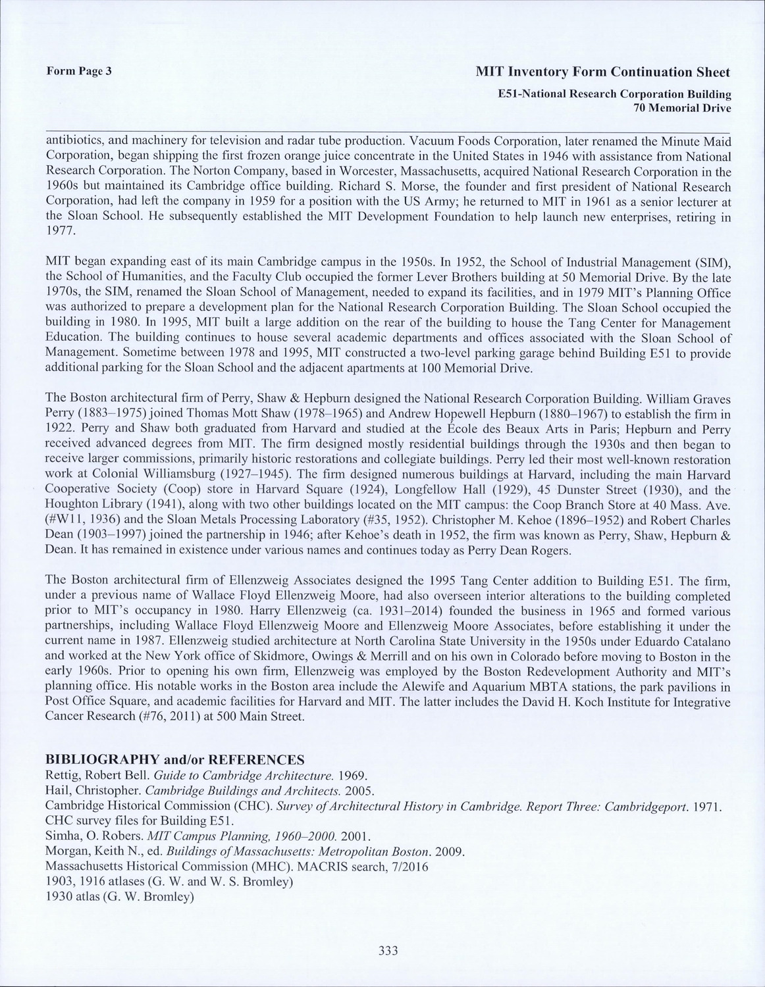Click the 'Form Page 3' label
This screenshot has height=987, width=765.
79,71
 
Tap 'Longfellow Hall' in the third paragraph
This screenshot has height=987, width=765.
431,490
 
